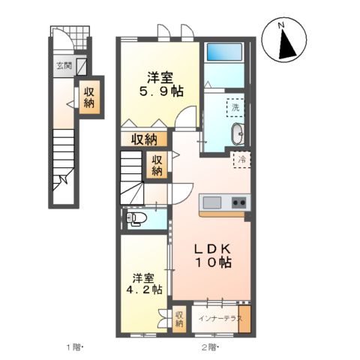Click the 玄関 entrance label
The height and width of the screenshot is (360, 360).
pos(64,66)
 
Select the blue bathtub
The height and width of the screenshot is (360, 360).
pos(224,52)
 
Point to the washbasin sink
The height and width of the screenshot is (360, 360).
pos(238,133)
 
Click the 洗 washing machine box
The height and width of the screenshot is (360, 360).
pos(235,108)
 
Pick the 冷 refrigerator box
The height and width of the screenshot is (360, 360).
pos(241,160)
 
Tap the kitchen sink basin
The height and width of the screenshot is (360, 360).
pos(212,202)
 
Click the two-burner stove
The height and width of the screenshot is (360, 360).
pos(239,202)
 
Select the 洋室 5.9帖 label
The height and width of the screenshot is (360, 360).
pos(161,85)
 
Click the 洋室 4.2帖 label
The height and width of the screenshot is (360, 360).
pos(144,283)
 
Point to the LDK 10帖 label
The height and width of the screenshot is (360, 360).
pos(213,256)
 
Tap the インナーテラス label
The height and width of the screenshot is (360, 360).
pos(220,319)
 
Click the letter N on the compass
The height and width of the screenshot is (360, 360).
pos(281,25)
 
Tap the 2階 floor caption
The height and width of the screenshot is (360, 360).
pos(210,347)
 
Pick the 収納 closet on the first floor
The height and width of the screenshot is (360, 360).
pos(90,97)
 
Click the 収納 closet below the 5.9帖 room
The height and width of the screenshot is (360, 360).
pos(144,139)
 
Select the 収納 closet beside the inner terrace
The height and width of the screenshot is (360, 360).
pos(179,319)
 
